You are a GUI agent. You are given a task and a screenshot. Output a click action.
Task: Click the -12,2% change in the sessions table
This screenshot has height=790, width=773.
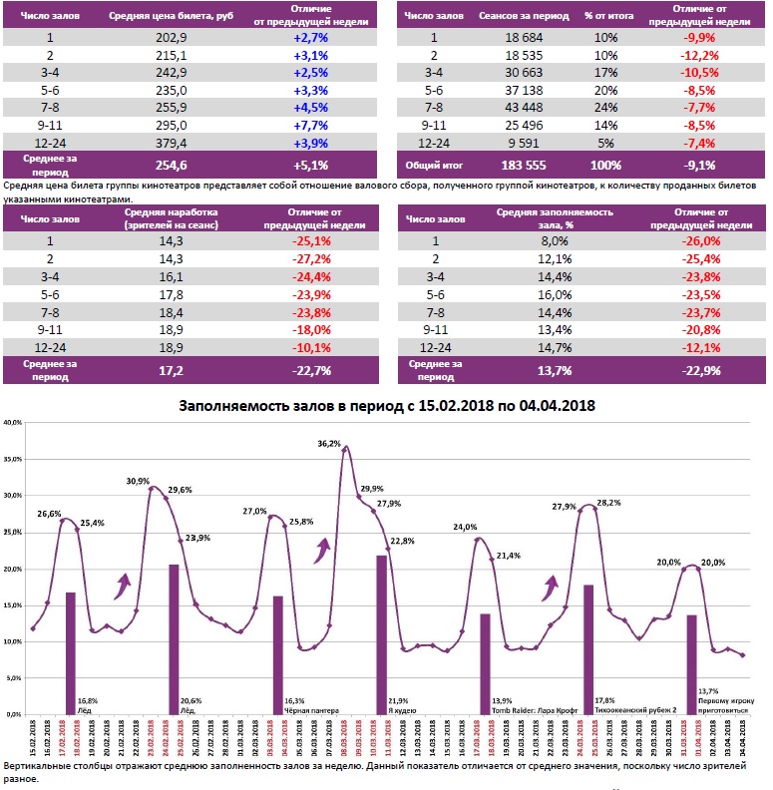pos(696,56)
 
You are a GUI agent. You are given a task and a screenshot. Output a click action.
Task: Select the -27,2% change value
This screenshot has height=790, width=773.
pos(310,257)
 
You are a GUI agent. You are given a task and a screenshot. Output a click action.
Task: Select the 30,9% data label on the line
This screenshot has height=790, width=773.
pos(138,481)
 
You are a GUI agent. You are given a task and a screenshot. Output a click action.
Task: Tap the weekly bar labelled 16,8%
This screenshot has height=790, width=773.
pos(71,653)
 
